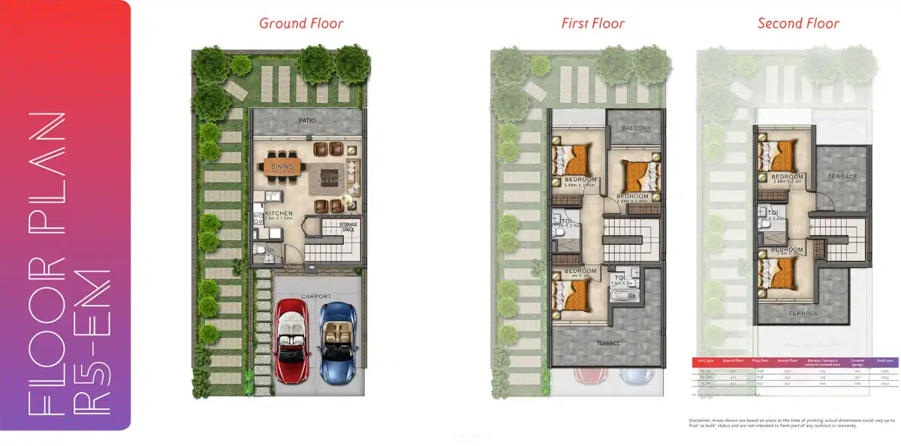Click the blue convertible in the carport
(335, 342)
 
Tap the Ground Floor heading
(301, 23)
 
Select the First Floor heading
(592, 23)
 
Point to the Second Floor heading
(798, 23)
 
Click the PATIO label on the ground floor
(306, 120)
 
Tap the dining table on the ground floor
(282, 164)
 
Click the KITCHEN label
(279, 213)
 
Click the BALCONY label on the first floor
(637, 128)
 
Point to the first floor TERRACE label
(609, 343)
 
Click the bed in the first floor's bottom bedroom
(574, 295)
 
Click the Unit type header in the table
(706, 361)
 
